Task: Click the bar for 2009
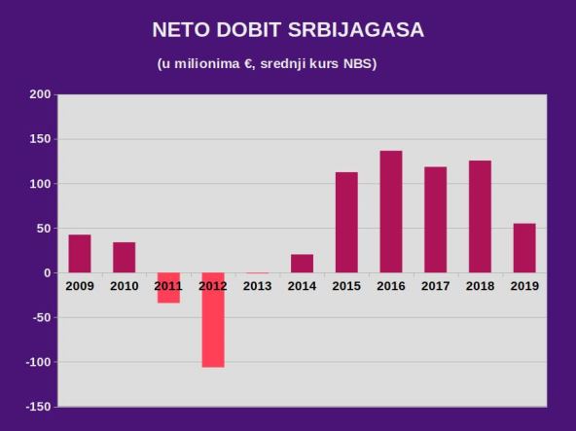(x=80, y=254)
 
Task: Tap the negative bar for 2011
(x=168, y=288)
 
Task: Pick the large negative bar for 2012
(x=213, y=320)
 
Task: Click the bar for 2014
(x=302, y=264)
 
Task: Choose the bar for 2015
(x=346, y=223)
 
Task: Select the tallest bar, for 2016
(x=391, y=212)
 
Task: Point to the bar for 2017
(x=435, y=220)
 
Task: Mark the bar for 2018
(x=480, y=217)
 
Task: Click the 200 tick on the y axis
(x=40, y=94)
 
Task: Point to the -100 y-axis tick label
(x=38, y=362)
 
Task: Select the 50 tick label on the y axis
(x=44, y=229)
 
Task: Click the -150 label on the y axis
(x=38, y=407)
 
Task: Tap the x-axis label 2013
(x=257, y=286)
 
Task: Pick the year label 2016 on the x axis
(x=391, y=286)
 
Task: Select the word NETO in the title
(x=181, y=30)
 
